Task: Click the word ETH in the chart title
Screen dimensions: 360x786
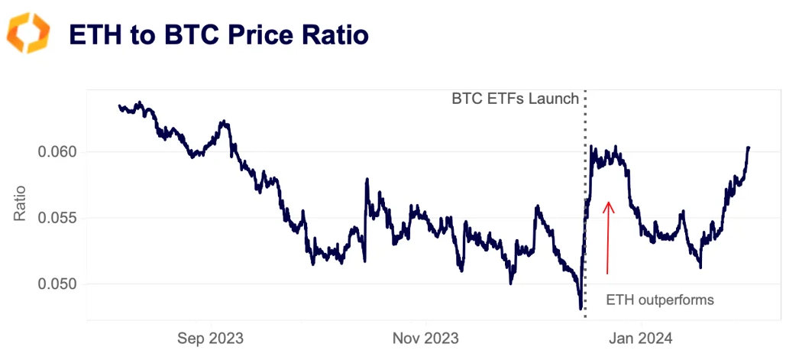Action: (94, 34)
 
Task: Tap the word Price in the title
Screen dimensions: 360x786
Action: (252, 34)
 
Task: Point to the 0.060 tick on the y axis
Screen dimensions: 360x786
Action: (57, 151)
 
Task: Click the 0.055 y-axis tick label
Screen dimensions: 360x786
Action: (57, 218)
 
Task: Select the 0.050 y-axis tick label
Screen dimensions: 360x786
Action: (57, 284)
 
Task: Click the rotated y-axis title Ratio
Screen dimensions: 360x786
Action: (21, 203)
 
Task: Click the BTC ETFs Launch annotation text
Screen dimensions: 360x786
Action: (515, 99)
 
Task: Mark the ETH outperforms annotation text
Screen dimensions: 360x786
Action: (659, 300)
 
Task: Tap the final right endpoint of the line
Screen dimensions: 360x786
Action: (749, 147)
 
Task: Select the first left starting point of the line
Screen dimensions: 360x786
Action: (119, 106)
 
